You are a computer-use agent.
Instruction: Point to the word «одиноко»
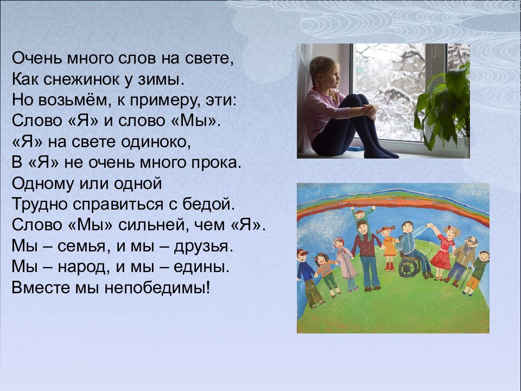point(155,142)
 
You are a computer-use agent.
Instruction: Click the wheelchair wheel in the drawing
point(410,267)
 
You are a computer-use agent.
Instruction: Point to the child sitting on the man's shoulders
point(362,215)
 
